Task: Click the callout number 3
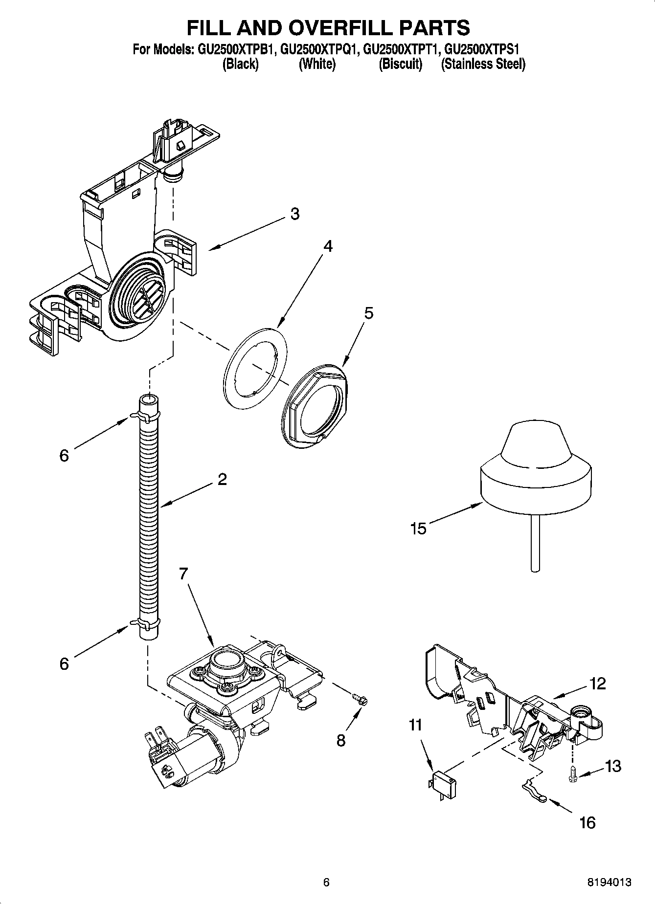[294, 214]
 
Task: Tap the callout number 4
[328, 246]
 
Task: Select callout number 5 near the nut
[369, 313]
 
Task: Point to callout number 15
[418, 529]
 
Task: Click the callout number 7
[183, 573]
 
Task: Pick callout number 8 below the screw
[340, 740]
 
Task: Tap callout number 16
[587, 823]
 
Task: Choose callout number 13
[613, 766]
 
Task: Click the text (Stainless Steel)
[483, 64]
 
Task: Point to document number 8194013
[609, 882]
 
